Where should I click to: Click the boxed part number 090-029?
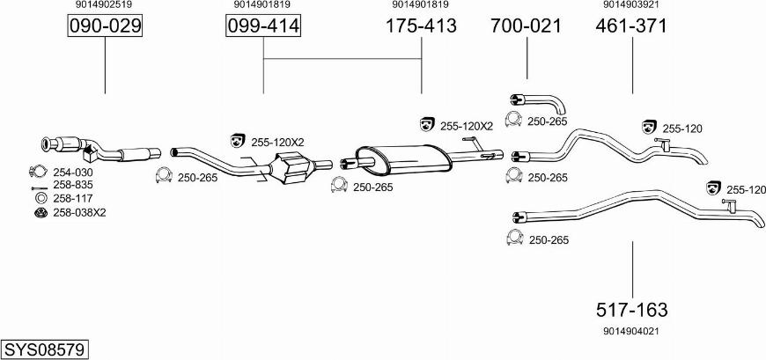(105, 26)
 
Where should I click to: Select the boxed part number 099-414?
(263, 26)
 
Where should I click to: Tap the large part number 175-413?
(421, 26)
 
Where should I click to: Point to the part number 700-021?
(527, 26)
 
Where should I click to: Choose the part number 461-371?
(631, 26)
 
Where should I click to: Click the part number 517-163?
(631, 310)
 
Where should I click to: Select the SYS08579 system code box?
(46, 349)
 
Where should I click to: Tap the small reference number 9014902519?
(104, 4)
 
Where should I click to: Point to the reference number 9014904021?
(631, 331)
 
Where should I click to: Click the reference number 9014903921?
(631, 4)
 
